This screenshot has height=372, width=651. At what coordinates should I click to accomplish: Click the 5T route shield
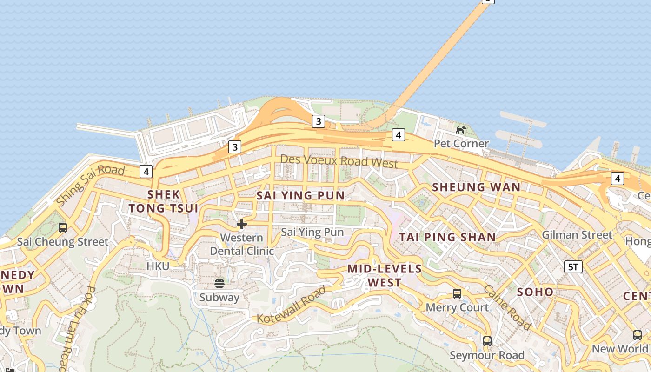click(573, 266)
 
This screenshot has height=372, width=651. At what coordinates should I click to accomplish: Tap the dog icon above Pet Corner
click(461, 130)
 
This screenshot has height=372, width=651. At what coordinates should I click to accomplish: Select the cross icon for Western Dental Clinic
click(241, 224)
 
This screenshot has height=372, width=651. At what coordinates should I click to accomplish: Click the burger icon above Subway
click(219, 283)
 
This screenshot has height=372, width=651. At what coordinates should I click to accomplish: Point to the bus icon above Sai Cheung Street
click(62, 228)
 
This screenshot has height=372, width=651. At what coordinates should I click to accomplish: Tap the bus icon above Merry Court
click(457, 294)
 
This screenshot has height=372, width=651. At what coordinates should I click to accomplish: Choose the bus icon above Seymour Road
click(487, 341)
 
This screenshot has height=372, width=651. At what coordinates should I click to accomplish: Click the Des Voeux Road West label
click(339, 161)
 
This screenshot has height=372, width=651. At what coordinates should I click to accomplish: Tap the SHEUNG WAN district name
click(476, 187)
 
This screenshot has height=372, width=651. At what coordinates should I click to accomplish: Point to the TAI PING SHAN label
click(447, 237)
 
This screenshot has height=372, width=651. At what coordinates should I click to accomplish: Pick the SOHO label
click(535, 292)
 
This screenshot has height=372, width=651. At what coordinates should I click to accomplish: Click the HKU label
click(158, 266)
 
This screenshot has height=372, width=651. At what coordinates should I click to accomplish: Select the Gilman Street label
click(577, 235)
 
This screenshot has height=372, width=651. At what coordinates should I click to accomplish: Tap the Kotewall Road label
click(292, 305)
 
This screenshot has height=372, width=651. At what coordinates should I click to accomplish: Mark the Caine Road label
click(507, 307)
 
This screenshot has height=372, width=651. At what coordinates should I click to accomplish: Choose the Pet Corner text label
click(461, 143)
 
